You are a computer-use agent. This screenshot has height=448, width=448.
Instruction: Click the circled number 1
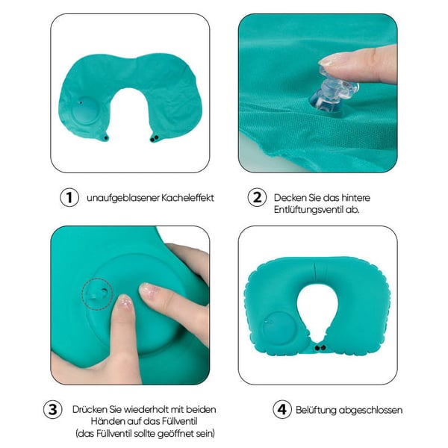click(69, 197)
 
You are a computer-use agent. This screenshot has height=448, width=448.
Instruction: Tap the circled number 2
click(257, 197)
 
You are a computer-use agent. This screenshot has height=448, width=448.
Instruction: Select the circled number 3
click(53, 409)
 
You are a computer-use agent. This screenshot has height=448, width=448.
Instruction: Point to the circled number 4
click(282, 409)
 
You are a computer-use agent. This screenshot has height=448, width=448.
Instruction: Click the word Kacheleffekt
click(187, 198)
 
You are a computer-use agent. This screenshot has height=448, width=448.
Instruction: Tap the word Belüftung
click(316, 410)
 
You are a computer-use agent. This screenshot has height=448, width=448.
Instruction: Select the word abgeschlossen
click(370, 410)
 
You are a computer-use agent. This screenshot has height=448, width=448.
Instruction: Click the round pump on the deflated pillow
click(85, 111)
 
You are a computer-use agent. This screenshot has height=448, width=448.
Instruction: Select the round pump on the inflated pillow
click(276, 329)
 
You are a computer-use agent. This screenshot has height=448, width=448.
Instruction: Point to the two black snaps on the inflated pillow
click(320, 348)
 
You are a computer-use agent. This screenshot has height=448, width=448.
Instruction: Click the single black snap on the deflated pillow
click(106, 138)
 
